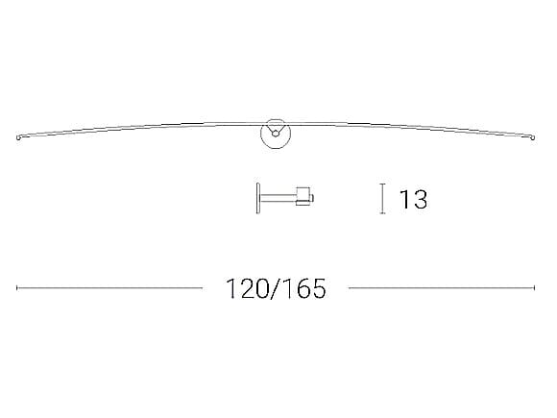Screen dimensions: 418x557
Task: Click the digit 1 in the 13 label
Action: point(404,200)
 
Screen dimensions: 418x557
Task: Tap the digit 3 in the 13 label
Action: point(419,200)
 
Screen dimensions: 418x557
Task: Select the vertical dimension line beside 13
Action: point(383,199)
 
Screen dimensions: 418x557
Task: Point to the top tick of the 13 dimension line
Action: point(383,184)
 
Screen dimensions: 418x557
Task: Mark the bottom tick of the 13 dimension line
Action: point(383,213)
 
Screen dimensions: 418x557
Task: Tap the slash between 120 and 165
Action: point(276,288)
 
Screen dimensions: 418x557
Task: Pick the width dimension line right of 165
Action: point(442,287)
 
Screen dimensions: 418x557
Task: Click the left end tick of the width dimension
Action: point(17,287)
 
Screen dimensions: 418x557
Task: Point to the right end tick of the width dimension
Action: point(535,287)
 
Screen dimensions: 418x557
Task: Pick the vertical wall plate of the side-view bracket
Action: point(257,199)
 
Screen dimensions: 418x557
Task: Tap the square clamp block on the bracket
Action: point(303,196)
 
